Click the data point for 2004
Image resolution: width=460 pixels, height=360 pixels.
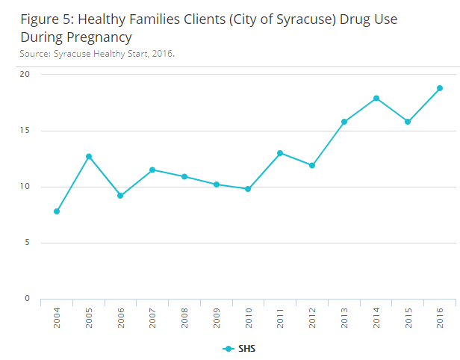pyautogui.click(x=57, y=211)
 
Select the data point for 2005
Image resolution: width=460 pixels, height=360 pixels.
pyautogui.click(x=89, y=157)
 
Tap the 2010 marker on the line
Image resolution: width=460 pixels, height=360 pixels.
pyautogui.click(x=248, y=189)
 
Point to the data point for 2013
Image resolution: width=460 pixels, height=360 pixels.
pyautogui.click(x=344, y=122)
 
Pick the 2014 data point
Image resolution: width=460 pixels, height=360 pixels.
pyautogui.click(x=376, y=99)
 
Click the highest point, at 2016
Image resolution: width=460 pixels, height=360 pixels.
pyautogui.click(x=440, y=88)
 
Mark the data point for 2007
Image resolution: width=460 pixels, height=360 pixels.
pyautogui.click(x=152, y=170)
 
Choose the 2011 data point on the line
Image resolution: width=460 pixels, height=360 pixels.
pyautogui.click(x=280, y=153)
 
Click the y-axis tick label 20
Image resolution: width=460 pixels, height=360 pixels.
pyautogui.click(x=25, y=75)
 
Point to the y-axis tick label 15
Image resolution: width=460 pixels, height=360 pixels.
pyautogui.click(x=25, y=131)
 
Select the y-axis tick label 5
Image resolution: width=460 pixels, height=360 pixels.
pyautogui.click(x=27, y=243)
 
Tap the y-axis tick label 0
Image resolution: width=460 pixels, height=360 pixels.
pyautogui.click(x=27, y=299)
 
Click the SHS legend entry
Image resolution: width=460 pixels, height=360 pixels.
pyautogui.click(x=240, y=349)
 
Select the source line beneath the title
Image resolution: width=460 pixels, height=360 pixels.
pyautogui.click(x=97, y=54)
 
